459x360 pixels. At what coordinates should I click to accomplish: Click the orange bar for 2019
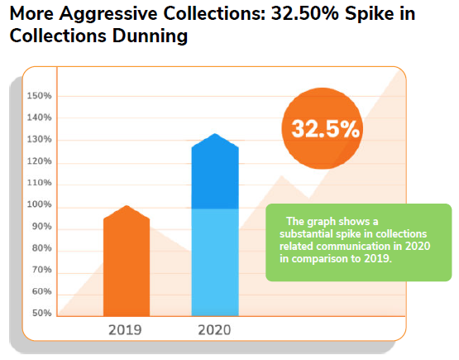click(x=126, y=265)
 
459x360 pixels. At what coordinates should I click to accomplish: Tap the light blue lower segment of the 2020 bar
click(x=214, y=261)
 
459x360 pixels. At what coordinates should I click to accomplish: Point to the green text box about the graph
click(x=358, y=242)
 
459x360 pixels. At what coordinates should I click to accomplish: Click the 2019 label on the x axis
click(x=126, y=329)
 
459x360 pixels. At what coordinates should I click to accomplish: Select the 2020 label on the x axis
click(x=214, y=329)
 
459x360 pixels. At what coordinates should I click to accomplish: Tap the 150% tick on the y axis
click(x=39, y=96)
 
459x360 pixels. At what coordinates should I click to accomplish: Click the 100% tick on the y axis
click(x=39, y=204)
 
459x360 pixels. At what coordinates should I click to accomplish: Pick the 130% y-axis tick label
click(x=39, y=139)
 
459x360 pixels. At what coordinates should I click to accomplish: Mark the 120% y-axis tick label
click(x=39, y=161)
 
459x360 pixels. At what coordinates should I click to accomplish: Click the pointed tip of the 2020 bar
click(x=214, y=134)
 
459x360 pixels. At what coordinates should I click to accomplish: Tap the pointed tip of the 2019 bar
click(x=126, y=206)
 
